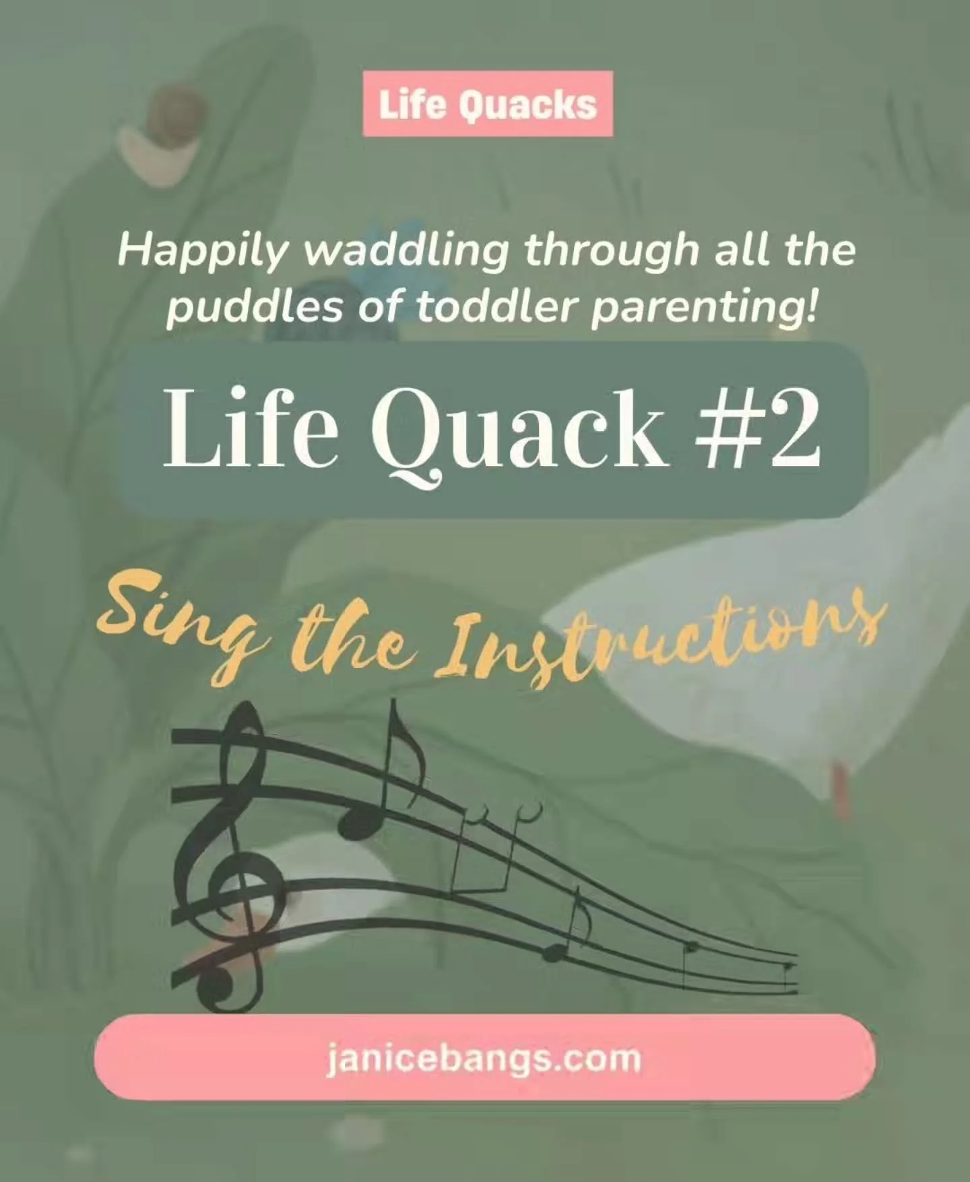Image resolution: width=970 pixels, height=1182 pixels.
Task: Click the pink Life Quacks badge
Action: (x=488, y=104)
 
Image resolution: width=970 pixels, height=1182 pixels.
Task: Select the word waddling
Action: (x=406, y=251)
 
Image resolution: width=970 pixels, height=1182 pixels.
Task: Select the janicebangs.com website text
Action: (x=484, y=1057)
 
